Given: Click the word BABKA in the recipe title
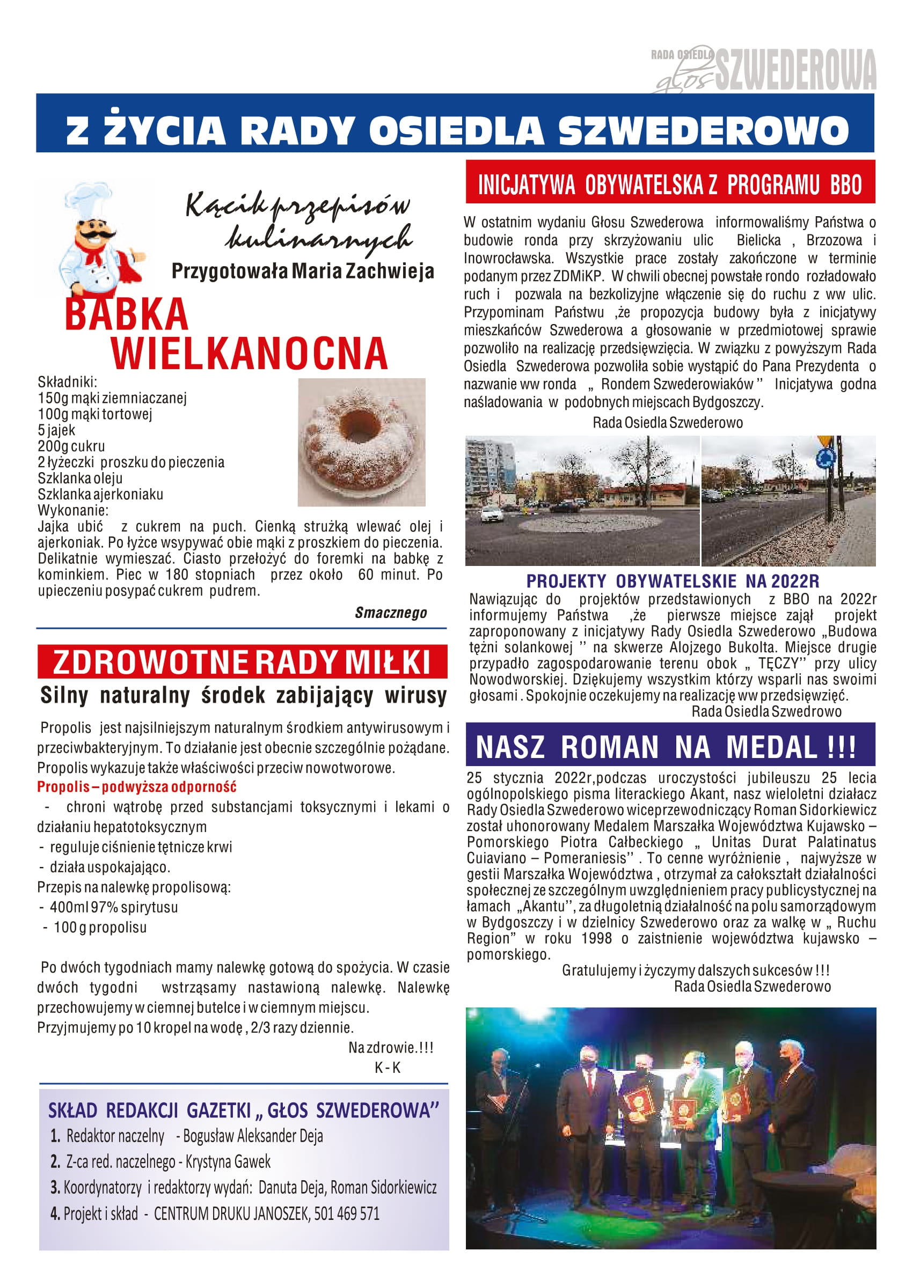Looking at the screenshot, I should click(127, 314).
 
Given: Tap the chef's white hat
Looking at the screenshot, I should click(88, 199).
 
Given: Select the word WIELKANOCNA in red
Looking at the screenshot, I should click(250, 354).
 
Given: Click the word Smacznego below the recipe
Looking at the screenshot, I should click(391, 613).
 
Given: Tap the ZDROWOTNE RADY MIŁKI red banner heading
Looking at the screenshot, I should click(242, 662).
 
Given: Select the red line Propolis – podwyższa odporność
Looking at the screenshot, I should click(137, 786).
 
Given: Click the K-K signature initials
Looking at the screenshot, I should click(388, 1068).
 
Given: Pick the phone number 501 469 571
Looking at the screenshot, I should click(346, 1213).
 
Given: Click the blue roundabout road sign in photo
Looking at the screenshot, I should click(826, 459).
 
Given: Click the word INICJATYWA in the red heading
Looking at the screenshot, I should click(526, 185).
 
